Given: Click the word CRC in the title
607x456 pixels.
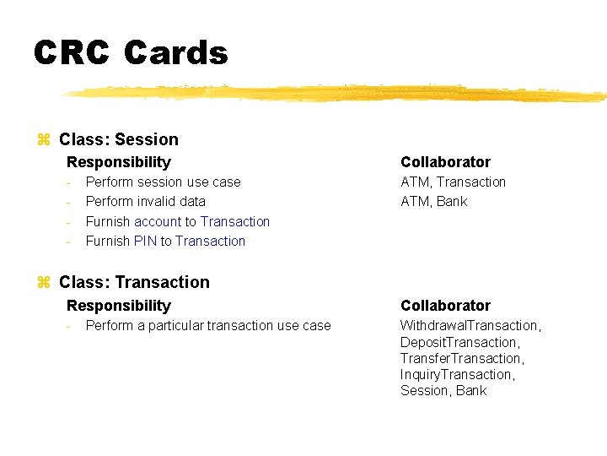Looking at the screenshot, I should click(x=71, y=53).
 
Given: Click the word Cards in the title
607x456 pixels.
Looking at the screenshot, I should click(x=175, y=53).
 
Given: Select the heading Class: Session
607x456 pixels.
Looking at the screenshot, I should click(x=119, y=139).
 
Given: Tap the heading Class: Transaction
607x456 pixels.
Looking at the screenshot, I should click(x=134, y=282).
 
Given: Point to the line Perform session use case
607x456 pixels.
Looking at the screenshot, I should click(x=163, y=182).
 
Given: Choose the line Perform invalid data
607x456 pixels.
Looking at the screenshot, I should click(x=145, y=201).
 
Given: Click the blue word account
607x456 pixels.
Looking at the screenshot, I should click(x=158, y=221).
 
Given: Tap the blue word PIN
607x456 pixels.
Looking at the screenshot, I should click(x=145, y=241).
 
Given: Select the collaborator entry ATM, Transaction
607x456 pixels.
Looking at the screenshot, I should click(x=453, y=182).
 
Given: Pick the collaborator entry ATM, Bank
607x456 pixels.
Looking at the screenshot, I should click(x=433, y=201).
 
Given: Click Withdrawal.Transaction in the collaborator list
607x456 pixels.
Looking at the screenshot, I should click(x=470, y=325).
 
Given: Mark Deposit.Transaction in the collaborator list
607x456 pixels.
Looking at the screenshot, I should click(x=460, y=342).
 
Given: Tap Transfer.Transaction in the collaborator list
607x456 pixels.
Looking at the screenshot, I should click(x=462, y=358).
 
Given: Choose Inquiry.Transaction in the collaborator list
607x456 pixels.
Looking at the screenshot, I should click(x=457, y=374).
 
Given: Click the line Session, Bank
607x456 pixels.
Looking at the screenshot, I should click(x=443, y=390).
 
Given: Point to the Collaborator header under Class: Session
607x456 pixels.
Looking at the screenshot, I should click(x=445, y=162).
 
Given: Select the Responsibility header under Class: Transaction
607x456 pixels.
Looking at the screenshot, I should click(x=118, y=306).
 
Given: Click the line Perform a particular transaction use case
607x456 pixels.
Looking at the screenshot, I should click(x=208, y=325).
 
